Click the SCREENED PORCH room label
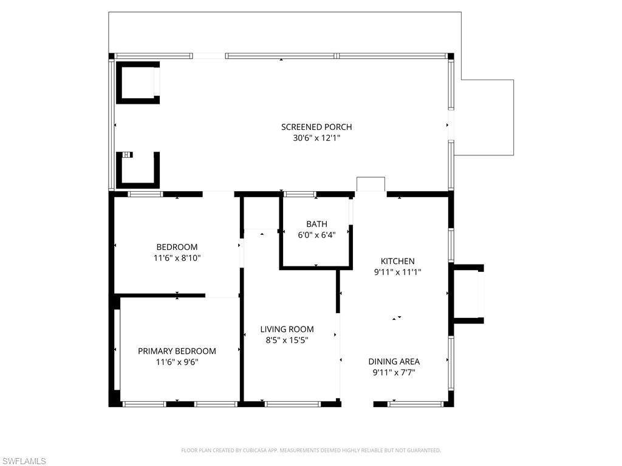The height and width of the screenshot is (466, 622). (x=316, y=127)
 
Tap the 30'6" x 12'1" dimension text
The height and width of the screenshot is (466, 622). (x=316, y=138)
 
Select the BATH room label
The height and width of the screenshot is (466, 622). (x=316, y=224)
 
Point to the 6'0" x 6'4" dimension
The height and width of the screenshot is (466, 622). (x=316, y=235)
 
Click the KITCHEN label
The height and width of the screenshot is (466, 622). (x=398, y=261)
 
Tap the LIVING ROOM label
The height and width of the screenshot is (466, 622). (x=287, y=329)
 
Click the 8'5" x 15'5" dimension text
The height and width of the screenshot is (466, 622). (x=287, y=340)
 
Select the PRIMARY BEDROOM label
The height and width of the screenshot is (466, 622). (x=177, y=351)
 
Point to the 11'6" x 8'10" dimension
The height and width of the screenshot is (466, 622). (x=177, y=258)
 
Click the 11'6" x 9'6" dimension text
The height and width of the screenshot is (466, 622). (x=177, y=362)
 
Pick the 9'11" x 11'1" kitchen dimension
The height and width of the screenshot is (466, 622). (x=398, y=272)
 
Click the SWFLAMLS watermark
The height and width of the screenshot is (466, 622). (x=24, y=461)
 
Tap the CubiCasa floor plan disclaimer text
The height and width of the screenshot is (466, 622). (x=311, y=450)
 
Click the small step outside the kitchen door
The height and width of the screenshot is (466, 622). (x=371, y=184)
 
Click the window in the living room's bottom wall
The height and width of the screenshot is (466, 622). (x=289, y=404)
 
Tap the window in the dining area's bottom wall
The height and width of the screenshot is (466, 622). (x=415, y=404)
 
